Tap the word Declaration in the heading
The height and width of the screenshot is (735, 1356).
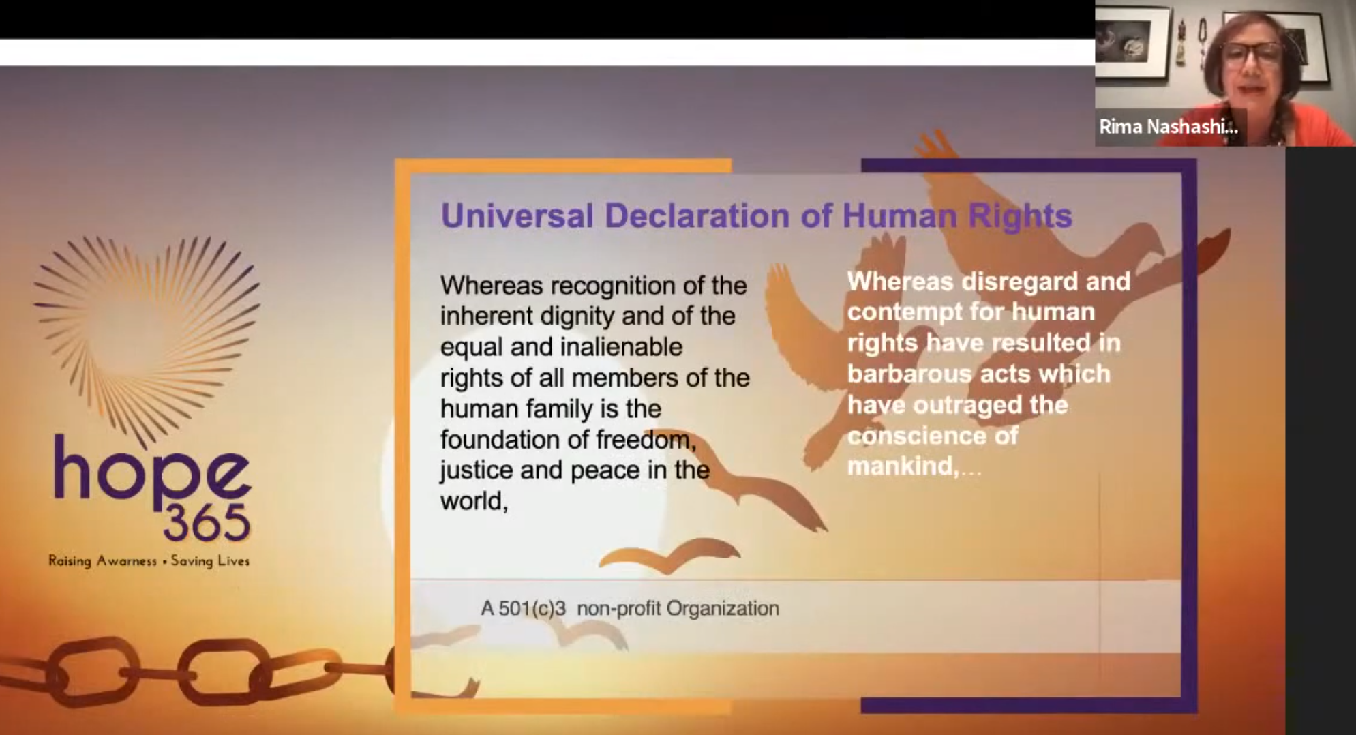(x=697, y=215)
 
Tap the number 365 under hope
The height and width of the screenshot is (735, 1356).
(x=207, y=524)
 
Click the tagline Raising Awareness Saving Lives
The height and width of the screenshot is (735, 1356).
(x=149, y=561)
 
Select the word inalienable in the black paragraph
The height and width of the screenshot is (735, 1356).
(x=621, y=347)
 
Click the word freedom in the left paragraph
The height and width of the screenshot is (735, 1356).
(x=646, y=440)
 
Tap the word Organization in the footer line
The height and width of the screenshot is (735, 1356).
(x=723, y=608)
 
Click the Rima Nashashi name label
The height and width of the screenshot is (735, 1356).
(x=1169, y=127)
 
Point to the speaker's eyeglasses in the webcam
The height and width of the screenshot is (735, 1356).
(x=1252, y=53)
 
